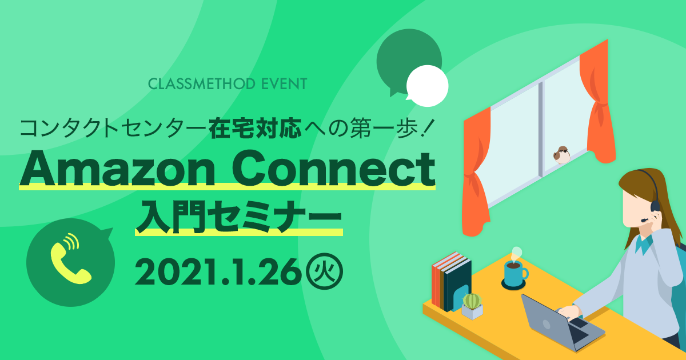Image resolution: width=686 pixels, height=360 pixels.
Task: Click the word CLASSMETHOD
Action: (x=202, y=84)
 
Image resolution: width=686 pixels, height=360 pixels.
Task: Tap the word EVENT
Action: (x=285, y=84)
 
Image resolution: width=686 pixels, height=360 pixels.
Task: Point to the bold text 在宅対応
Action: (x=255, y=127)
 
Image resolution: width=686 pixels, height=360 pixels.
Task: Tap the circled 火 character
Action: (x=325, y=271)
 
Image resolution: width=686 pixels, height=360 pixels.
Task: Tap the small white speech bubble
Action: (x=427, y=86)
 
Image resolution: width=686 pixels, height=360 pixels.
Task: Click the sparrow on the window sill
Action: (x=561, y=155)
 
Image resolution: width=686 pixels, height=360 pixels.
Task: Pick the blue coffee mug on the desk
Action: (x=515, y=272)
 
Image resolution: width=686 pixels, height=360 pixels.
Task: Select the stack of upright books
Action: (x=451, y=282)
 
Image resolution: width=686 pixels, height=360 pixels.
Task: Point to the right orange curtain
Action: (x=597, y=102)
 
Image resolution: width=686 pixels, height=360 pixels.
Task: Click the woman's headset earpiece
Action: (x=655, y=206)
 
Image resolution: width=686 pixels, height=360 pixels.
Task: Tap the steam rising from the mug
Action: (x=516, y=254)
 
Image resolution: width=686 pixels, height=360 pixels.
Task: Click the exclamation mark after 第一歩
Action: (x=426, y=128)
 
